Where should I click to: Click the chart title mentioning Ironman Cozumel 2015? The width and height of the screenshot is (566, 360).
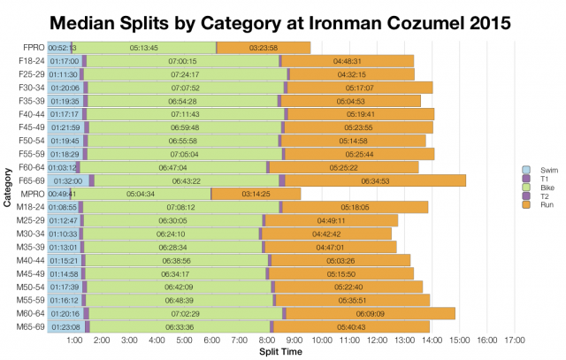[283, 19]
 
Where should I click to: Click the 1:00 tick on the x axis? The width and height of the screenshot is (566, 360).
[74, 340]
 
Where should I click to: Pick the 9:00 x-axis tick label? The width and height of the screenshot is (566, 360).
[294, 340]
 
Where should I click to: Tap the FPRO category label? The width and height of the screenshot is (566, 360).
[34, 47]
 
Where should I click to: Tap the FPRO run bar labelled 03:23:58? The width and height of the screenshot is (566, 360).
[264, 47]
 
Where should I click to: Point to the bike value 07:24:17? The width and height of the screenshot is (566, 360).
[187, 74]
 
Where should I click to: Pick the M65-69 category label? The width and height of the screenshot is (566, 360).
[32, 326]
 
